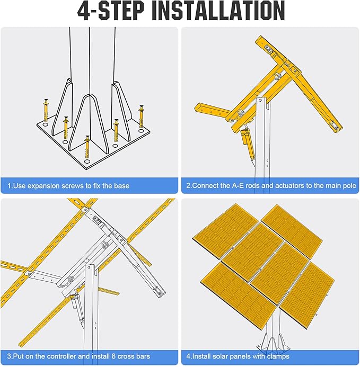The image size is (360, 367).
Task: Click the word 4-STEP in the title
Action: click(110, 11)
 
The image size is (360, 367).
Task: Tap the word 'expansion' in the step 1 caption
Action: click(43, 186)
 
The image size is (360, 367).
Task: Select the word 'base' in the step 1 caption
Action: click(121, 186)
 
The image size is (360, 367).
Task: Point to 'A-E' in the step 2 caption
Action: click(238, 185)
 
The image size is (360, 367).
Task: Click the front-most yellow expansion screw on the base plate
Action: click(87, 147)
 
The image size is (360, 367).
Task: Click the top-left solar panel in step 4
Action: click(225, 230)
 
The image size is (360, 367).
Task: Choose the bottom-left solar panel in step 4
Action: click(239, 294)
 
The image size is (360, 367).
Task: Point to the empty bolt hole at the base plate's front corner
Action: click(87, 162)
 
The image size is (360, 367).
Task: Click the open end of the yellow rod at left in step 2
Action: click(198, 107)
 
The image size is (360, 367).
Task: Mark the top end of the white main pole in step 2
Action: click(261, 99)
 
